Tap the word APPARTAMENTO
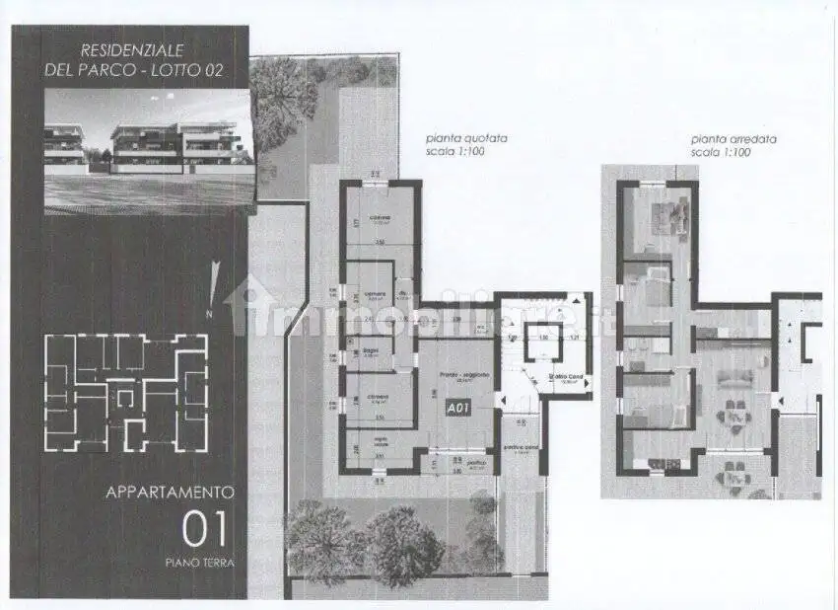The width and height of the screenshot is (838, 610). click(x=170, y=491)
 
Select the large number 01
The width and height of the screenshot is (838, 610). click(x=204, y=529)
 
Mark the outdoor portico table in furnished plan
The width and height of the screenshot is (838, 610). click(x=733, y=478)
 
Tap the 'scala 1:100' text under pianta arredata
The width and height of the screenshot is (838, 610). click(x=720, y=153)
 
